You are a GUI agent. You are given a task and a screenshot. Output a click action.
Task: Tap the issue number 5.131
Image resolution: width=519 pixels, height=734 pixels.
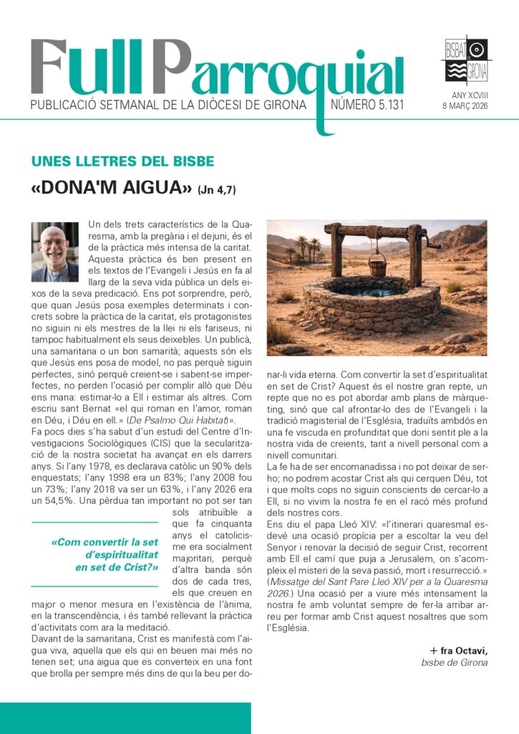click(x=367, y=105)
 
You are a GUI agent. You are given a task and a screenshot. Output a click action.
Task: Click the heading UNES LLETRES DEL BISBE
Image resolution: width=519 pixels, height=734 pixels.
click(x=123, y=161)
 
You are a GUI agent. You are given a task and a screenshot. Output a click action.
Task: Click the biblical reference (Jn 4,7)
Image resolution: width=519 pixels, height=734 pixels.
click(x=216, y=190)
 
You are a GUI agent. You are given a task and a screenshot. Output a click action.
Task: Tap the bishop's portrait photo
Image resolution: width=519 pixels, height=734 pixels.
click(x=55, y=252)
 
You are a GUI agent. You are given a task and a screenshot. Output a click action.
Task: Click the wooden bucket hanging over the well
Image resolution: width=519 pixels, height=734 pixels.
click(x=377, y=267)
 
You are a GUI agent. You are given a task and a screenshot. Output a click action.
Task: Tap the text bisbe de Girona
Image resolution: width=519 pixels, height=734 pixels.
click(x=454, y=662)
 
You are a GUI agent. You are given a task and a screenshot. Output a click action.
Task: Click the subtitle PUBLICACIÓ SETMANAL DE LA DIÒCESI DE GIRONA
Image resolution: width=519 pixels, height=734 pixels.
click(x=168, y=105)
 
